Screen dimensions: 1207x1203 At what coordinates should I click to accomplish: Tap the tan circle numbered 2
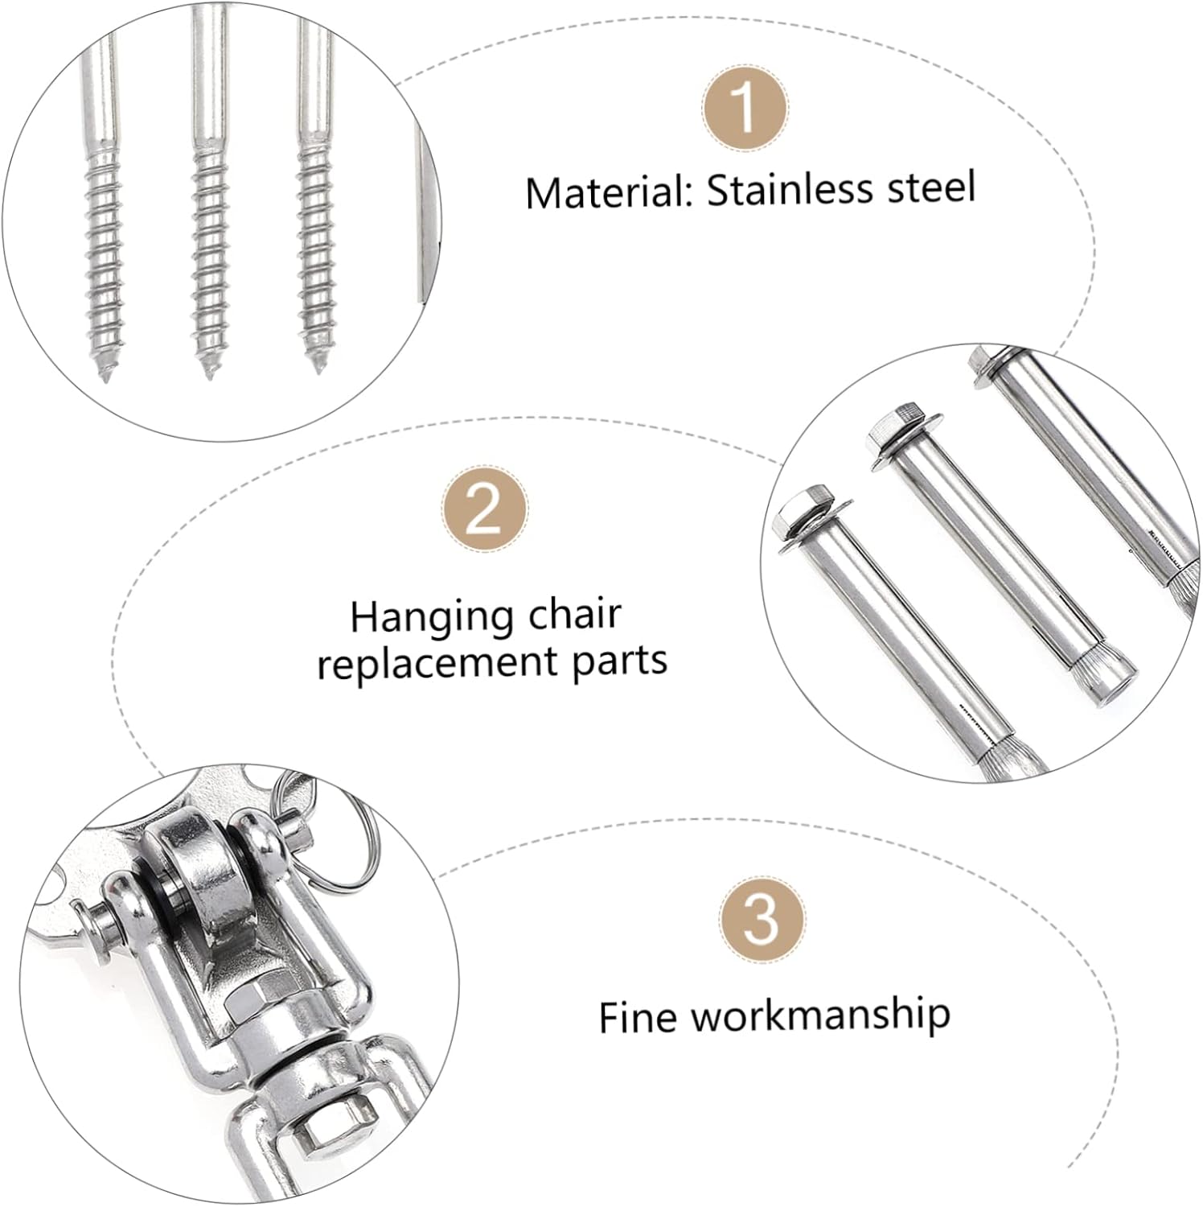[x=485, y=509]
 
